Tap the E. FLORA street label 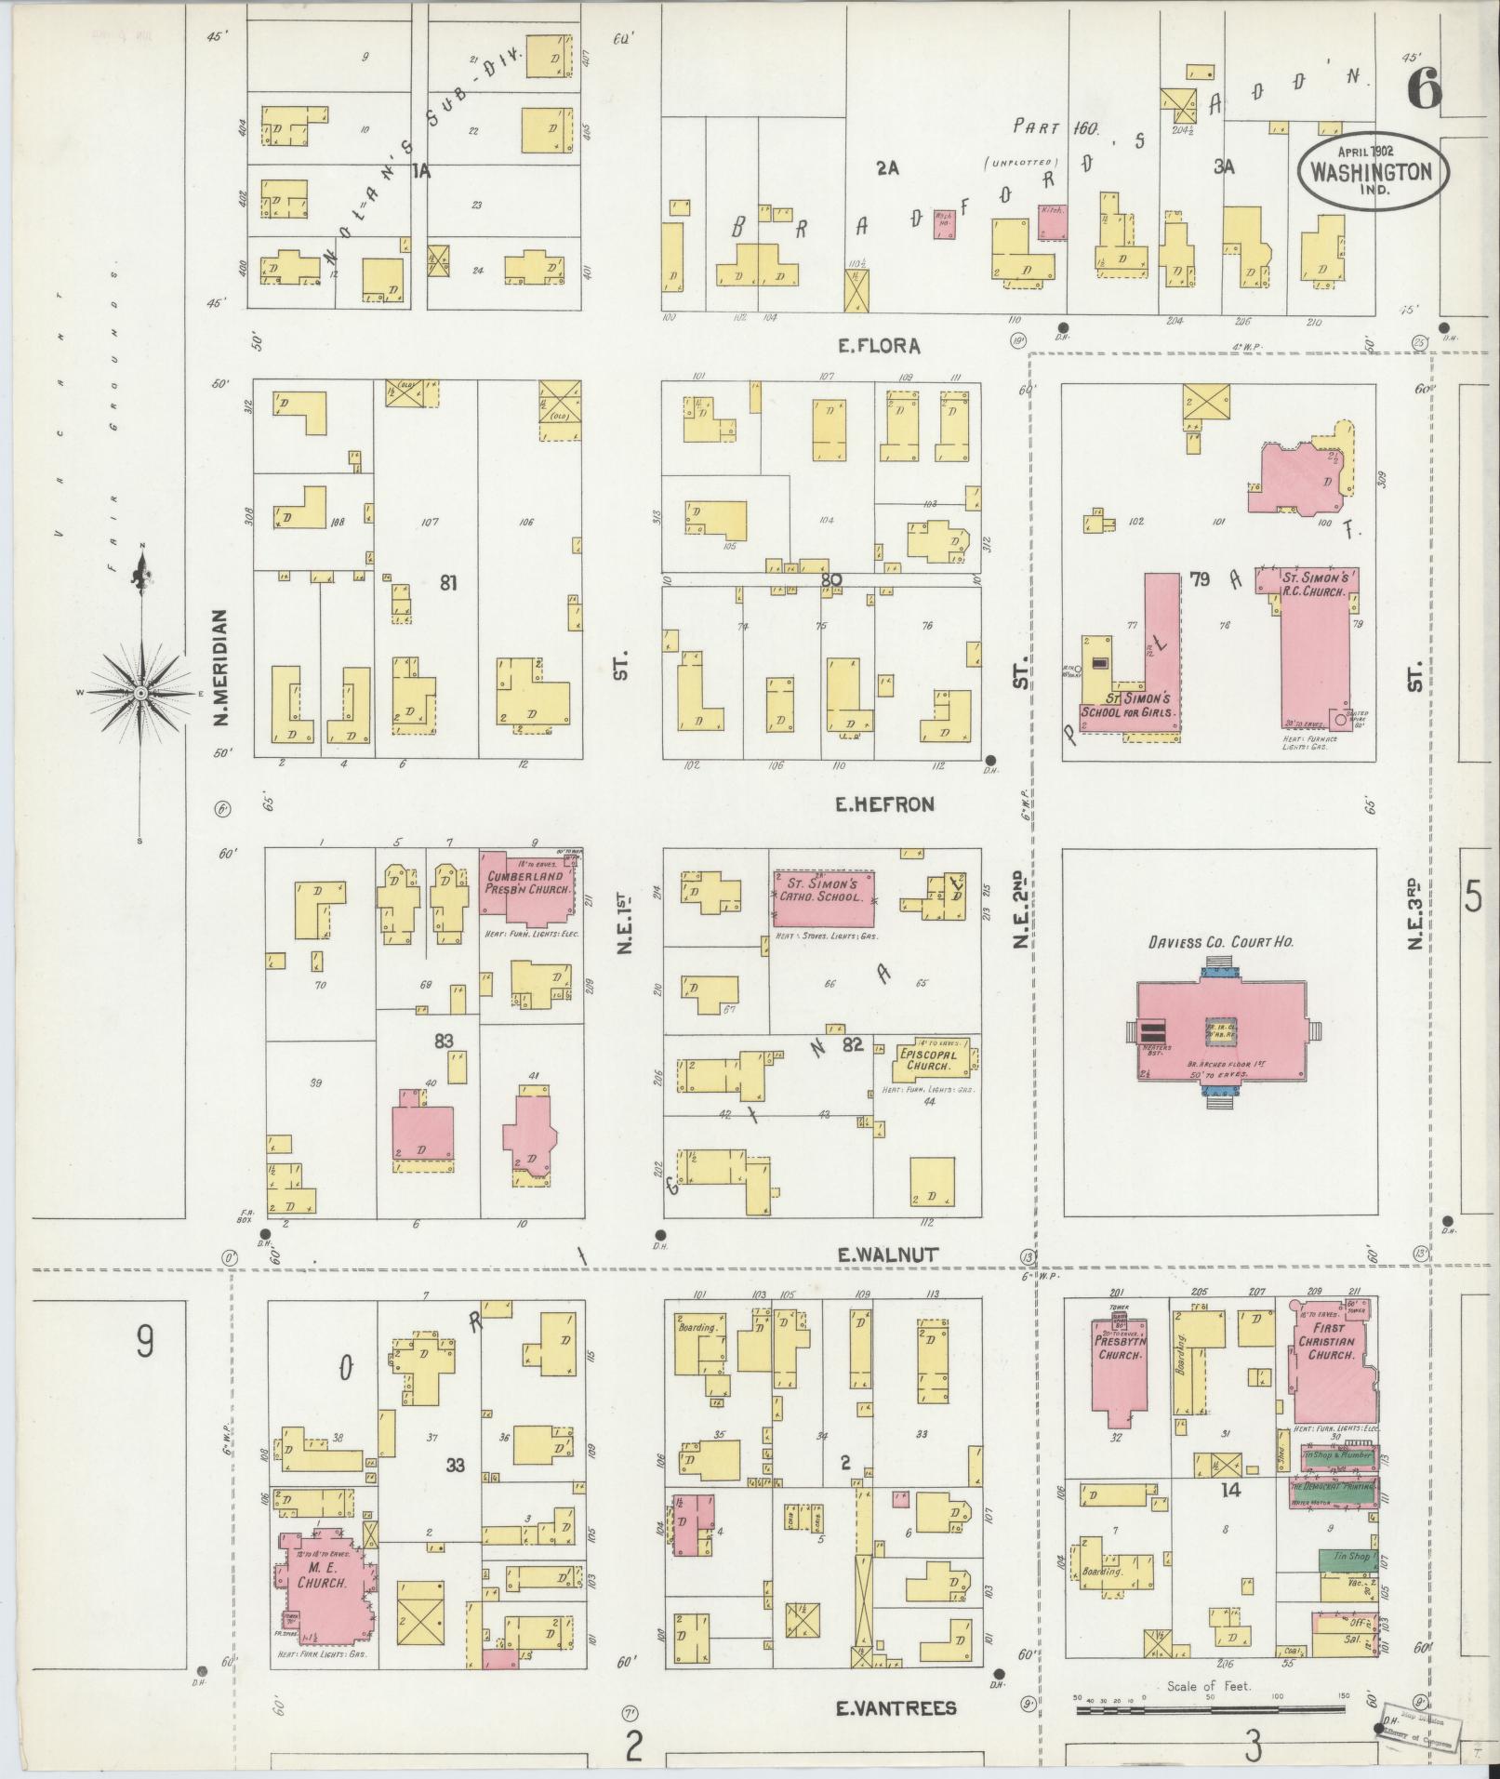tap(878, 346)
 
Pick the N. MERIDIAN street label tap(220, 668)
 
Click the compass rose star tap(140, 694)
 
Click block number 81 tap(449, 583)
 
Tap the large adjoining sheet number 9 tap(144, 1343)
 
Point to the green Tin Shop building tap(1346, 1559)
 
